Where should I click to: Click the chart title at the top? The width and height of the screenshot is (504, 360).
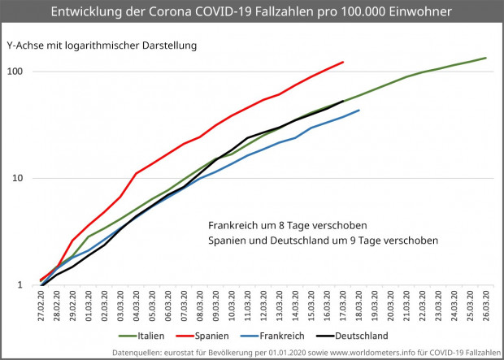252,13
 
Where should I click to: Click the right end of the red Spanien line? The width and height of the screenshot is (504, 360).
343,62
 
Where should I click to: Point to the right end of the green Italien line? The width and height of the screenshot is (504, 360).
485,58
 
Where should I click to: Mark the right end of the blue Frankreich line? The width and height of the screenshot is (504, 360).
358,110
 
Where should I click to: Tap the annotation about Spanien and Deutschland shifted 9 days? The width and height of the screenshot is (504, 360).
323,241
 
